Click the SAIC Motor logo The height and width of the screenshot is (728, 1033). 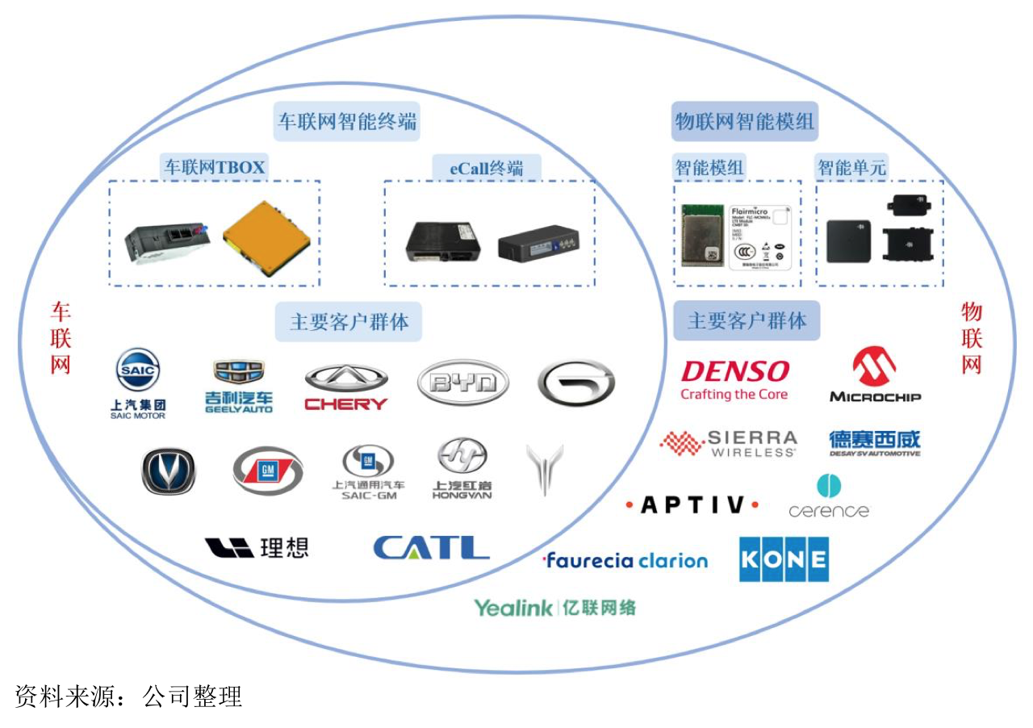[x=138, y=383]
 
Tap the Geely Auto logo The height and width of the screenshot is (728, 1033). [x=238, y=386]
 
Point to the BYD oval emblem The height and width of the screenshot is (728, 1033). [x=463, y=382]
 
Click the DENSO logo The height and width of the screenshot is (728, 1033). [x=734, y=379]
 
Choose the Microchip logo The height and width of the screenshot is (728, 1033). [x=875, y=375]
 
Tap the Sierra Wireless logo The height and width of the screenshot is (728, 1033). [x=729, y=444]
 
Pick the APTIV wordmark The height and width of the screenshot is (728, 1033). [x=692, y=505]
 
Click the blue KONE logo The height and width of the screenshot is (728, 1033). [x=784, y=559]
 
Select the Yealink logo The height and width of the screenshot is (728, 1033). [x=554, y=608]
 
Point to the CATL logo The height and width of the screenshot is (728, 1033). [x=431, y=548]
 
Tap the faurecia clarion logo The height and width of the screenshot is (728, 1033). [x=625, y=560]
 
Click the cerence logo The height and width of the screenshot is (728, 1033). [x=829, y=497]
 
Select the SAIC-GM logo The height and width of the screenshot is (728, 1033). [x=368, y=472]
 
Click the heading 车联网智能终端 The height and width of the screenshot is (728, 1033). [x=348, y=122]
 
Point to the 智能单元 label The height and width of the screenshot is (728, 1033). [x=851, y=168]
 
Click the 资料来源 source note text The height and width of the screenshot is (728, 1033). [x=129, y=697]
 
